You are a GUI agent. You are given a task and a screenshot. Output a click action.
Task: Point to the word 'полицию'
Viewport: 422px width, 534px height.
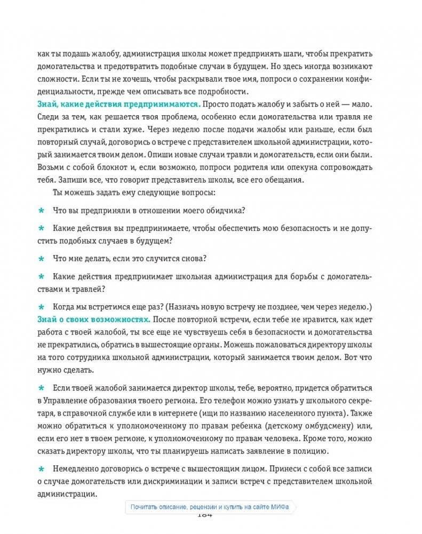coord(307,451)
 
